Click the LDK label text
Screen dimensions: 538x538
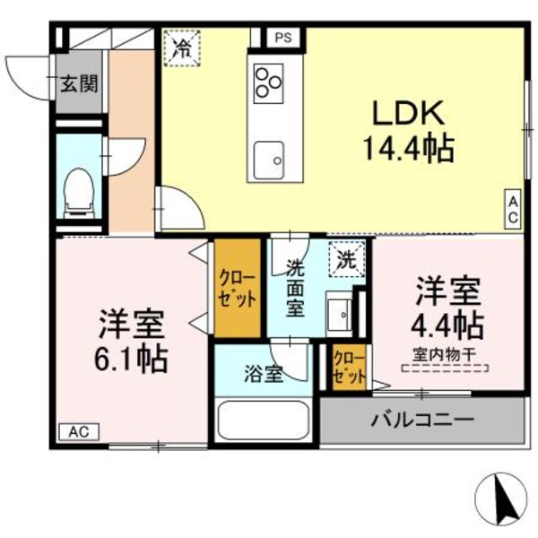(x=408, y=114)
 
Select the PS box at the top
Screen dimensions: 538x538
(x=283, y=38)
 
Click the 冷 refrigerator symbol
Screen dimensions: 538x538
(x=182, y=48)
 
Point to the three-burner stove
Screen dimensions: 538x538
(x=266, y=82)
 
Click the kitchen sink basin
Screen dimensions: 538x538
(x=268, y=161)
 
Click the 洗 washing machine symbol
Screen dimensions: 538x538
(x=345, y=260)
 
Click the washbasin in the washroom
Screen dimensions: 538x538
(x=340, y=315)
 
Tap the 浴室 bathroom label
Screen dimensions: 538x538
(x=263, y=374)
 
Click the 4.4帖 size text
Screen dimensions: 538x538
(x=448, y=324)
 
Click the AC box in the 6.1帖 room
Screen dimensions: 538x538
(x=80, y=431)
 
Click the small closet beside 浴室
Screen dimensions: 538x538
(x=348, y=368)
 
